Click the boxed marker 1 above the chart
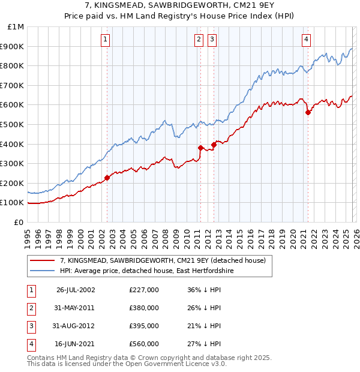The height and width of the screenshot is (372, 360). (x=106, y=40)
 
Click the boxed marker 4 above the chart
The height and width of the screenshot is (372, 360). (x=306, y=40)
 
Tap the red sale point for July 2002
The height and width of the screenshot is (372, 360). (x=107, y=178)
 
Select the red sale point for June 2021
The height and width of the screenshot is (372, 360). (x=308, y=112)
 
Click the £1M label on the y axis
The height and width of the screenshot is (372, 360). (x=16, y=27)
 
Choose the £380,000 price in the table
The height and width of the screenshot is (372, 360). (x=144, y=308)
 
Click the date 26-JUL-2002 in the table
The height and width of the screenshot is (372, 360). (x=76, y=290)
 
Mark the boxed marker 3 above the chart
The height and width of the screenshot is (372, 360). (x=212, y=40)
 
